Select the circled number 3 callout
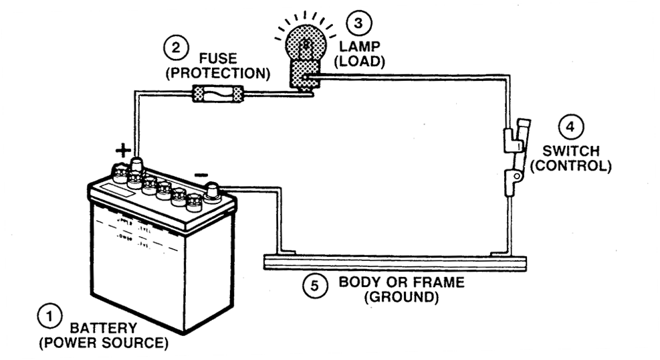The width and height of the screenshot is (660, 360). click(359, 23)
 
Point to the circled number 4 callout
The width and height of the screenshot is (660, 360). click(570, 127)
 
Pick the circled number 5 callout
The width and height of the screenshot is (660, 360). click(315, 286)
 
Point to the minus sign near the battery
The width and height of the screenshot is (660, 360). click(199, 175)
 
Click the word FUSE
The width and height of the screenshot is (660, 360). click(218, 58)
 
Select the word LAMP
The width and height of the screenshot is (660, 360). click(359, 46)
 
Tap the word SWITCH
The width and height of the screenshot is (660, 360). click(570, 151)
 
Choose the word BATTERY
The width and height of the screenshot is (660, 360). click(103, 329)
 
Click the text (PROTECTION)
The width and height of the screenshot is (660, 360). click(218, 73)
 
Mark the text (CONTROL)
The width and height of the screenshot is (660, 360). click(570, 165)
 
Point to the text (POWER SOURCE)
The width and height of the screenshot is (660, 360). click(103, 344)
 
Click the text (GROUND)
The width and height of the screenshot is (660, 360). click(401, 296)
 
